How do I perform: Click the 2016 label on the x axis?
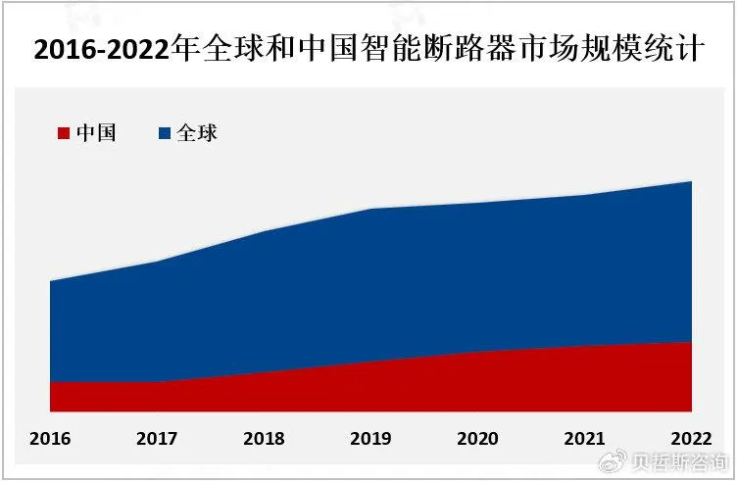point(50,438)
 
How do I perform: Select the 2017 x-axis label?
point(157,438)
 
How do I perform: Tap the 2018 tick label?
point(264,438)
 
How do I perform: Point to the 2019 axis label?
point(371,438)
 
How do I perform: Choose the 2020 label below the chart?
point(478,438)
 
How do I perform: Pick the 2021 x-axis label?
point(585,438)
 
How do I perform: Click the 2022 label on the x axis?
point(691,438)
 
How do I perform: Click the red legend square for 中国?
point(65,134)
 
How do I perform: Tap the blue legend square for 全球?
point(165,134)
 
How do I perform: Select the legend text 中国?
point(96,134)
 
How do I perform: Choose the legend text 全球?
point(197,134)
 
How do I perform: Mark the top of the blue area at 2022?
point(691,182)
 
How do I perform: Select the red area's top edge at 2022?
point(691,342)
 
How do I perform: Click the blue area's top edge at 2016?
point(50,282)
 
